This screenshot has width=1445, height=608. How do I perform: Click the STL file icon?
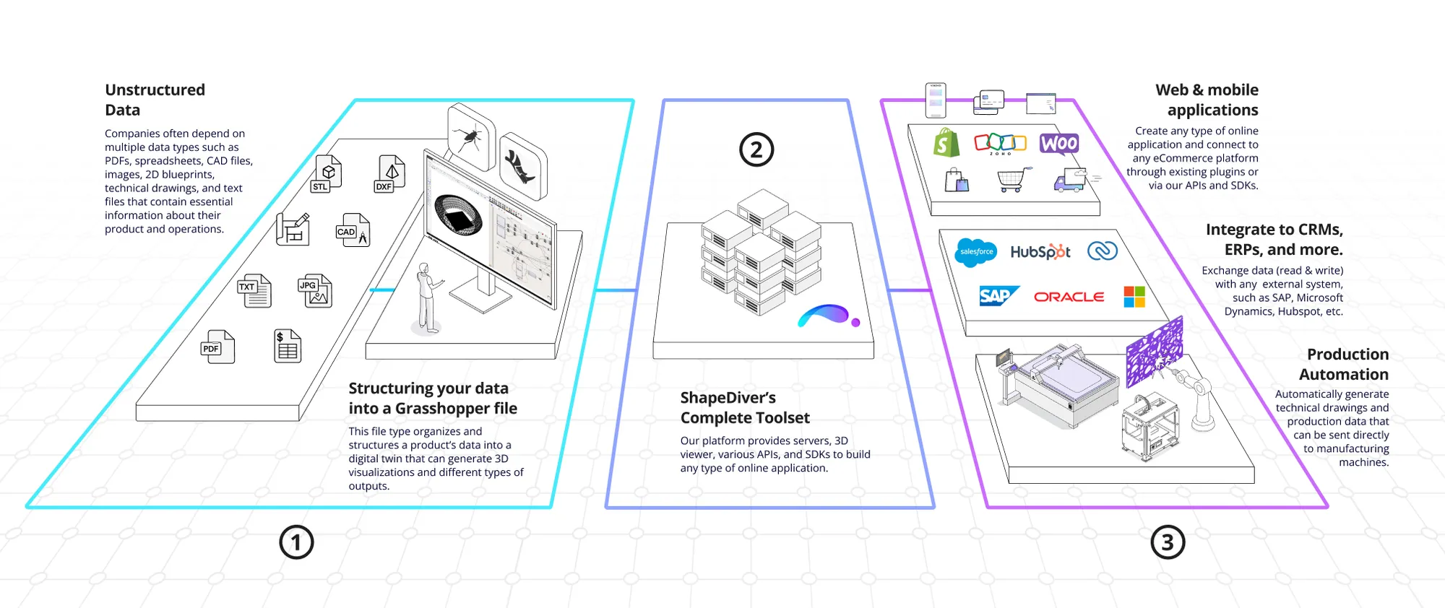(x=327, y=174)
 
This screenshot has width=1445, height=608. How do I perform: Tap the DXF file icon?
(x=389, y=174)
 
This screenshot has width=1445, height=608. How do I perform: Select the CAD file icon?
(x=353, y=230)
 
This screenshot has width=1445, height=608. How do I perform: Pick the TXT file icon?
(x=254, y=291)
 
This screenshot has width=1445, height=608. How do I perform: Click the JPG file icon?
(x=315, y=291)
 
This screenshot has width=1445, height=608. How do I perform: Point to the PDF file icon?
(x=217, y=347)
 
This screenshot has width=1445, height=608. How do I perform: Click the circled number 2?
(x=756, y=150)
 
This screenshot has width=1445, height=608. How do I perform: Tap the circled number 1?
(x=296, y=542)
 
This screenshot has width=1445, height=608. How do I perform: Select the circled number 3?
(x=1168, y=542)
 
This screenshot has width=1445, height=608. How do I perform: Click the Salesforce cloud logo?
(x=976, y=252)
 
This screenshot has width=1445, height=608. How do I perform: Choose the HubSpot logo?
(x=1040, y=252)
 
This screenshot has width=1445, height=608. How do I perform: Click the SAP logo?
(x=998, y=296)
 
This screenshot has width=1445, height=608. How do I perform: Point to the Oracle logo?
(x=1069, y=297)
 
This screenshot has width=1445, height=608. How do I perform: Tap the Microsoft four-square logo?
(x=1134, y=296)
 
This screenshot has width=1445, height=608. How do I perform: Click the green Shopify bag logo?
(x=946, y=143)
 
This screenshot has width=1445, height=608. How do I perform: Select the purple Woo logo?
(x=1059, y=143)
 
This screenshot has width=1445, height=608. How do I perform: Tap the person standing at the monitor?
(x=428, y=298)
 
